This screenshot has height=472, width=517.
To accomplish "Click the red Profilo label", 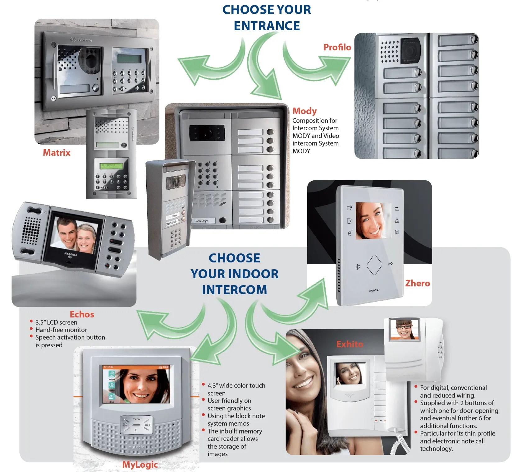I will click(x=337, y=47).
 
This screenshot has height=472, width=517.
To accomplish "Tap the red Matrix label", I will click(x=57, y=153).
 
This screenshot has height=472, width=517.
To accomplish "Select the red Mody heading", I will click(x=304, y=111).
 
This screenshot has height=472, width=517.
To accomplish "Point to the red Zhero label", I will click(x=417, y=283).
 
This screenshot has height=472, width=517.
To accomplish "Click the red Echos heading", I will click(x=82, y=314).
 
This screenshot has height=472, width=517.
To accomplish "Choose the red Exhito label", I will click(x=350, y=344).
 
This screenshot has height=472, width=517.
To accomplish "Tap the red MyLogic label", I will click(x=140, y=465).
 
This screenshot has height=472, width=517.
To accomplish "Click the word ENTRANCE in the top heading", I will click(x=267, y=26).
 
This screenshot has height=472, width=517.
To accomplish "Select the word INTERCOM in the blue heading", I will click(x=235, y=290).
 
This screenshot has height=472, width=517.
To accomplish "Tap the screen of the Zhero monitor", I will click(x=373, y=221).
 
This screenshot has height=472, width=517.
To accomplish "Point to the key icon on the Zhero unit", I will click(x=390, y=264).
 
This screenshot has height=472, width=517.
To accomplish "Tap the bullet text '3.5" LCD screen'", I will click(x=56, y=322).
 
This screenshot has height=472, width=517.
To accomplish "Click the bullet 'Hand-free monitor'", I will click(x=61, y=330).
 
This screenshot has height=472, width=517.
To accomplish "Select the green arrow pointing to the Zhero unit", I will click(x=298, y=305).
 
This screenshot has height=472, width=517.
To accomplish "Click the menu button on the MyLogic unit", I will click(x=136, y=419).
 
